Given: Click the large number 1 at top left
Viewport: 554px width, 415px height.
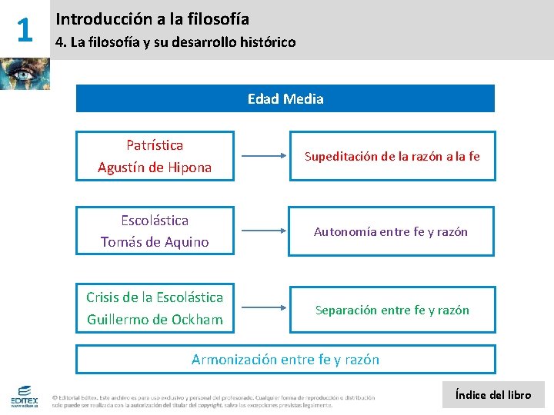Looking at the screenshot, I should pyautogui.click(x=24, y=30).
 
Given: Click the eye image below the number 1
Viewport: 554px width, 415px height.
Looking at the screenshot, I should pyautogui.click(x=25, y=74).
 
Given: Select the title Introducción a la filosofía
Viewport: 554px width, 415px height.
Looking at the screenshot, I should pyautogui.click(x=152, y=18).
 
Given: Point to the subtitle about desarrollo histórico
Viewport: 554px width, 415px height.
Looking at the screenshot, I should pyautogui.click(x=175, y=42).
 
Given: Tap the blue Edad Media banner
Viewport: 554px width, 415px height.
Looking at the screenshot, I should pyautogui.click(x=285, y=98).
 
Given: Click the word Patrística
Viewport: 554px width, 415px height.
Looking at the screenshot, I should pyautogui.click(x=155, y=144).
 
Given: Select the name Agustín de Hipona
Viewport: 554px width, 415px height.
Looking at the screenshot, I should pyautogui.click(x=155, y=167).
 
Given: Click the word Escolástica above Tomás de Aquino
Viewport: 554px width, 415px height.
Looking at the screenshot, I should pyautogui.click(x=155, y=220).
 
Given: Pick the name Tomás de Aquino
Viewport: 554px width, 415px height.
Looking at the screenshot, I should pyautogui.click(x=155, y=242).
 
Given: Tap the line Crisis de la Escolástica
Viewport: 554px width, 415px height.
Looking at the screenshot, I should pyautogui.click(x=155, y=297).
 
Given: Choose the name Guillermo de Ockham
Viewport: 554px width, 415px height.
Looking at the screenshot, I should pyautogui.click(x=155, y=319).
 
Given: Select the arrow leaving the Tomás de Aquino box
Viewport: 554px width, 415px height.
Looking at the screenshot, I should pyautogui.click(x=262, y=231).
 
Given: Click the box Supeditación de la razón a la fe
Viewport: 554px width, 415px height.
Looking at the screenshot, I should pyautogui.click(x=392, y=157).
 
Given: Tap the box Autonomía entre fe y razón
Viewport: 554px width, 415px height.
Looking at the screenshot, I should pyautogui.click(x=392, y=231).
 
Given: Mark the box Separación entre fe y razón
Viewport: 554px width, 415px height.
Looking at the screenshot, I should pyautogui.click(x=392, y=310).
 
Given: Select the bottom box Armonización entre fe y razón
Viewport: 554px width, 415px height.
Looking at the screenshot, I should pyautogui.click(x=285, y=359).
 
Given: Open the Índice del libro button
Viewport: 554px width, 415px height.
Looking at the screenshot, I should pyautogui.click(x=493, y=395).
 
